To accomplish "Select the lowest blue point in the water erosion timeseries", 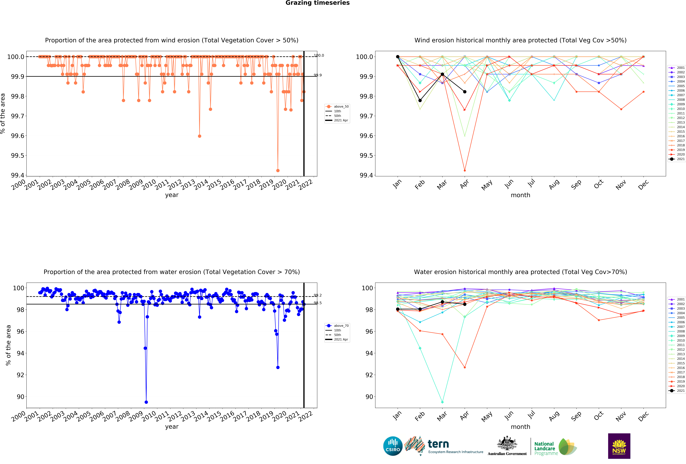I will point(146,402).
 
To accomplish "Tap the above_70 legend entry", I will point(337,326).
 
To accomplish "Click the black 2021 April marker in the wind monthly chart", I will point(465,92).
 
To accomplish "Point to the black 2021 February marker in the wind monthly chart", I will point(420,100).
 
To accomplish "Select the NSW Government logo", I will point(619,446).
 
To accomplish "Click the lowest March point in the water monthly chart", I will point(442,402).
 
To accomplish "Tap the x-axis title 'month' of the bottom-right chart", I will point(520,427).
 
